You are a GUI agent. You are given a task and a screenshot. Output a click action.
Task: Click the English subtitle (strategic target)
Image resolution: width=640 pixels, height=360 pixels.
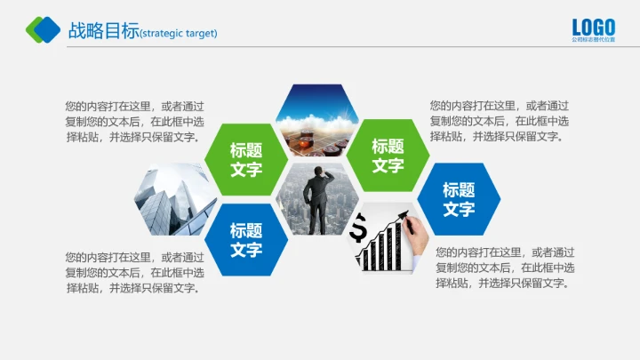click(179, 34)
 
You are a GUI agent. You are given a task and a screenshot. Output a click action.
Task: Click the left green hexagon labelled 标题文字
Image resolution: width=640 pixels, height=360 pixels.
click(246, 159)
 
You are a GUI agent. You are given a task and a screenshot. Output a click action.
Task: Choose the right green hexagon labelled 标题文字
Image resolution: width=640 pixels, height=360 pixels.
click(388, 155)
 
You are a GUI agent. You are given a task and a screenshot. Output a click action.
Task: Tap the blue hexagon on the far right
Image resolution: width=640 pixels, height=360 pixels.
click(459, 199)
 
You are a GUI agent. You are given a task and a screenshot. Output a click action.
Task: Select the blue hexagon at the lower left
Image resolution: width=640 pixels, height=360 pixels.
click(246, 239)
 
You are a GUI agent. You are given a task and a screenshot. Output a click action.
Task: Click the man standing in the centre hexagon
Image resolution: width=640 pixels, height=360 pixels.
click(317, 200)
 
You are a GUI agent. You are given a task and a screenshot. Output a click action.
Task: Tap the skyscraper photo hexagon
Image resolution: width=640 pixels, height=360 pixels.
click(175, 200)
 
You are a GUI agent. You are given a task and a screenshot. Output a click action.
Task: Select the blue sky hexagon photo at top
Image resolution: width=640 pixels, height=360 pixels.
click(317, 117)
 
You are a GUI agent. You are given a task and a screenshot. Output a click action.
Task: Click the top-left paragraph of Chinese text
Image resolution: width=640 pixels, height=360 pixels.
click(134, 122)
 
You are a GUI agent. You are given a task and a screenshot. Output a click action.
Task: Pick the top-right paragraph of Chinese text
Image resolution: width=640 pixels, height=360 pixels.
click(500, 121)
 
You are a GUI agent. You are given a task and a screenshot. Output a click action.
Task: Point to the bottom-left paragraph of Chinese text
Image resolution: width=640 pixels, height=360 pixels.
click(134, 272)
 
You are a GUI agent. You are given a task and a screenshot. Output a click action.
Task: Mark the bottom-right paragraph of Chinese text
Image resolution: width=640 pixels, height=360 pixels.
click(505, 268)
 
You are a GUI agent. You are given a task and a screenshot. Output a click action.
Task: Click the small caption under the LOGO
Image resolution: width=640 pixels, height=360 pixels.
click(593, 40)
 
